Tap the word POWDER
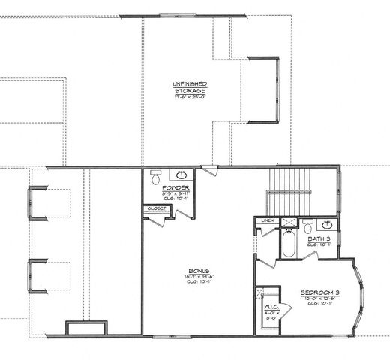pos(175,187)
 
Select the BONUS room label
pos(199,271)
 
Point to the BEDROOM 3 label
pos(322,292)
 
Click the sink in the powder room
pos(182,176)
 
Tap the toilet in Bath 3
pos(307,224)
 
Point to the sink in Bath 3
pos(326,225)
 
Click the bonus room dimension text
pos(199,277)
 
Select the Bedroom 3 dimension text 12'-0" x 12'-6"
pos(322,298)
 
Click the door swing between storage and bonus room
pos(208,172)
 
